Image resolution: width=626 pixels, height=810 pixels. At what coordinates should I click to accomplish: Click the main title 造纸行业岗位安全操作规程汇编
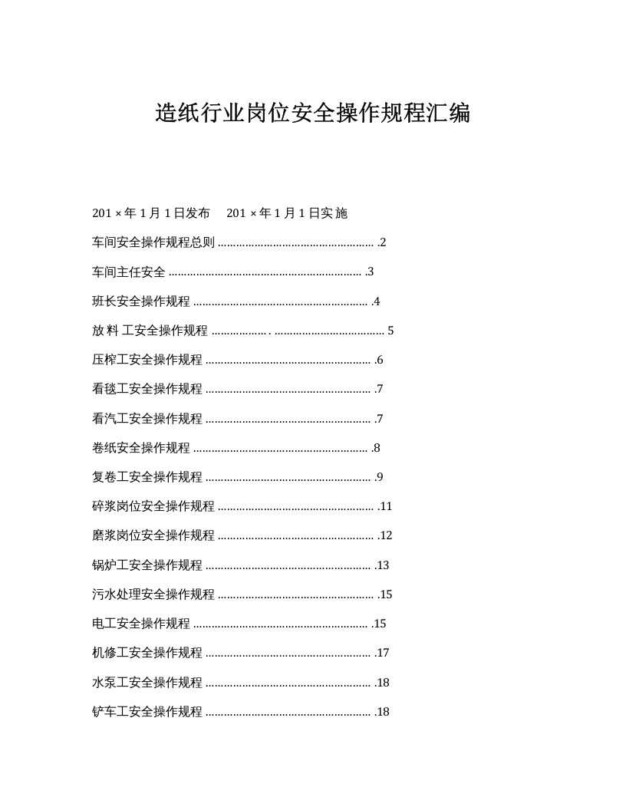[x=312, y=114]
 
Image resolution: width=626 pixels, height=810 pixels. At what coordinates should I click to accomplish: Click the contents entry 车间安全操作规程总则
[x=153, y=242]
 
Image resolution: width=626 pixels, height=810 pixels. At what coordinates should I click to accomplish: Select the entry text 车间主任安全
[x=128, y=272]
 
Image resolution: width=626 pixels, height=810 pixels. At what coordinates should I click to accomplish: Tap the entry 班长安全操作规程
[x=141, y=301]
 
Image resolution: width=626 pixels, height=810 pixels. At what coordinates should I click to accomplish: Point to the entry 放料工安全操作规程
[x=150, y=331]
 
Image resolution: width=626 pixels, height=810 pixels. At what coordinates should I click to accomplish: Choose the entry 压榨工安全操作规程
[x=147, y=360]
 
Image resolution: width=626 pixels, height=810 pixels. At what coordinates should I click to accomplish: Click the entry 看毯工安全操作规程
[x=147, y=389]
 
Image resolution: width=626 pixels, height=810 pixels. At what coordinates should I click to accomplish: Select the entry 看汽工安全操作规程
[x=147, y=419]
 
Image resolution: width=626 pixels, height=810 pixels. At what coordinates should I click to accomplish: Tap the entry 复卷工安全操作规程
[x=147, y=477]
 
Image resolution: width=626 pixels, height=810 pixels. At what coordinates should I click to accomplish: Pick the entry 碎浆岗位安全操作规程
[x=153, y=506]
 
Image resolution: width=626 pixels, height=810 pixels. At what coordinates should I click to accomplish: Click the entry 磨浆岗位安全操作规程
[x=153, y=535]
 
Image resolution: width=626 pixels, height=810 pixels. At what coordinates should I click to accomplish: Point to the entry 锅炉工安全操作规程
[x=147, y=565]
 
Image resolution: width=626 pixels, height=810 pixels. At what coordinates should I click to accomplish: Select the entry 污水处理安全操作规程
[x=153, y=594]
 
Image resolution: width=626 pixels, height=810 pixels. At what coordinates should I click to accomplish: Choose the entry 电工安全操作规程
[x=141, y=624]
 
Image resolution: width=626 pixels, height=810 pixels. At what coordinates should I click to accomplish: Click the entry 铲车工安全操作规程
[x=147, y=712]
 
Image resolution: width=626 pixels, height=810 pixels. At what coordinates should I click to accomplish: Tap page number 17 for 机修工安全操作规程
[x=383, y=653]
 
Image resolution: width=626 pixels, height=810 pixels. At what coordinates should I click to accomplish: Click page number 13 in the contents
[x=383, y=565]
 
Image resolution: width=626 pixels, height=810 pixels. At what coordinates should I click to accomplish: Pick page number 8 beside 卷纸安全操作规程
[x=377, y=448]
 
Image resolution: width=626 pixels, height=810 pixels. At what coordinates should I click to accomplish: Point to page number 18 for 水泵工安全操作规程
[x=383, y=683]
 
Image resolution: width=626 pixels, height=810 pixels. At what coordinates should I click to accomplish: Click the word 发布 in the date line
[x=197, y=213]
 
